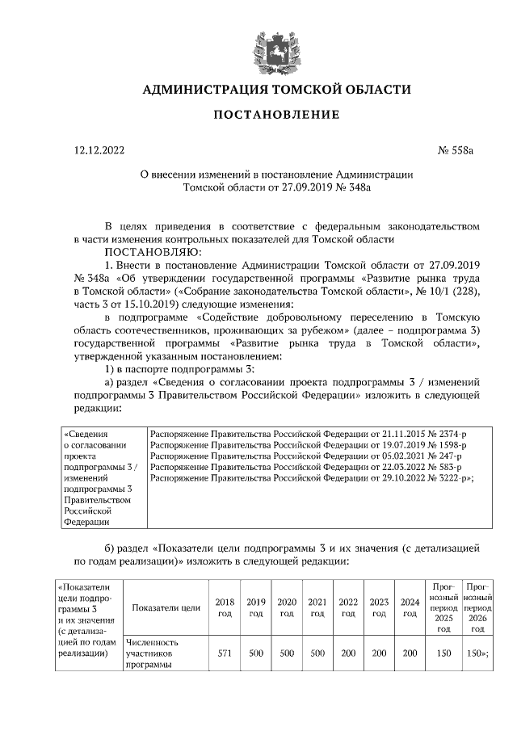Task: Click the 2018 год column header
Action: coord(225,607)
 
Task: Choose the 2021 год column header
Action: coord(317,607)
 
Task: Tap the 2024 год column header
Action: coord(410,607)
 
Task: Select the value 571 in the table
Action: coord(225,653)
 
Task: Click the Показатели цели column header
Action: coord(166,607)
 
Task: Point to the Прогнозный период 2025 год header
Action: coord(443,607)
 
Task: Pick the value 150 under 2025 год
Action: coord(443,653)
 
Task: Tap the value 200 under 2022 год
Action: coord(348,653)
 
